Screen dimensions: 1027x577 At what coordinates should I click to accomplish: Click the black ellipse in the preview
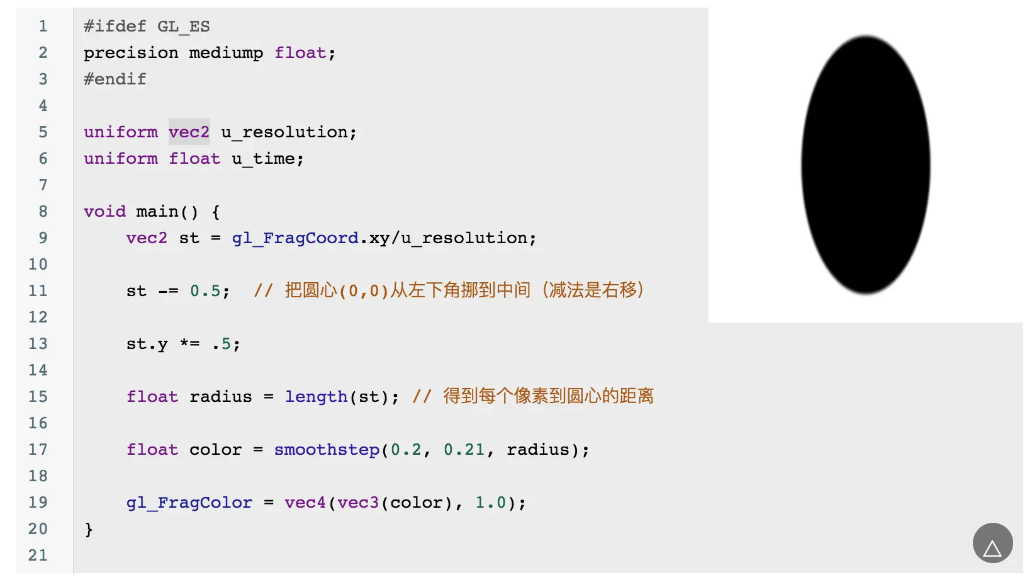click(x=865, y=165)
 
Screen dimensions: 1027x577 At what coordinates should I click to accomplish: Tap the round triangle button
click(x=992, y=543)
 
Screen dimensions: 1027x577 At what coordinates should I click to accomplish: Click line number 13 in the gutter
click(x=38, y=344)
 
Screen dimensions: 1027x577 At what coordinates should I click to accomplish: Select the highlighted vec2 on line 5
click(x=189, y=132)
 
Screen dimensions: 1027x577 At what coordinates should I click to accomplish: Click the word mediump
click(x=226, y=53)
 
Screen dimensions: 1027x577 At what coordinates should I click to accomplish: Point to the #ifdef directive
click(x=115, y=26)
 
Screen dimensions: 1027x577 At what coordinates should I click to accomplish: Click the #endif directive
click(x=115, y=79)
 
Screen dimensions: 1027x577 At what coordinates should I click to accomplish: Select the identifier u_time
click(x=263, y=159)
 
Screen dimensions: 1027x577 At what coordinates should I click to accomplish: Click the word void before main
click(x=104, y=212)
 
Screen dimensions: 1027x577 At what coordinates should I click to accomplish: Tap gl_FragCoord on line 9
click(x=295, y=238)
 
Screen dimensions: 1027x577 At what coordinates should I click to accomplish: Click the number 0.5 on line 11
click(x=205, y=291)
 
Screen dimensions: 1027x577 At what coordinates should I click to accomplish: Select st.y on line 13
click(x=147, y=344)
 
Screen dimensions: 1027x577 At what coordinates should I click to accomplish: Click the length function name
click(x=316, y=397)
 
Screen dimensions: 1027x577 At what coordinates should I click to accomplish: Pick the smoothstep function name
click(x=327, y=450)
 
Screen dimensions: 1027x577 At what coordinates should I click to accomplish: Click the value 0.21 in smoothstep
click(x=464, y=450)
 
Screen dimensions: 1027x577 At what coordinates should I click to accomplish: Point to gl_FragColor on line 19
click(x=189, y=503)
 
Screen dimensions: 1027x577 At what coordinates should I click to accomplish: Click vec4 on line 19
click(x=305, y=503)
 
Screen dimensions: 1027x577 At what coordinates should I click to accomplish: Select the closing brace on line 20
click(x=89, y=529)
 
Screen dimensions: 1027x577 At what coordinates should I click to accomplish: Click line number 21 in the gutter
click(x=38, y=556)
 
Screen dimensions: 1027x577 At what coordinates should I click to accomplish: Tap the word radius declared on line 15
click(x=220, y=397)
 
